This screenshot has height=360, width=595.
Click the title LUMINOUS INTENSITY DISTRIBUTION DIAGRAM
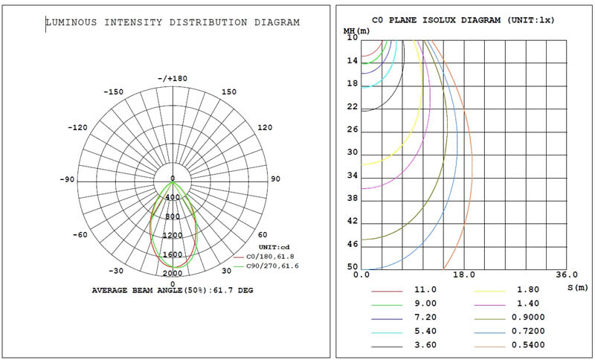173,22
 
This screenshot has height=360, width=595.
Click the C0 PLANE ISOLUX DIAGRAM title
463,20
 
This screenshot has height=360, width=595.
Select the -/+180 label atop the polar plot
173,79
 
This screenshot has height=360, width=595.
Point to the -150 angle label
114,91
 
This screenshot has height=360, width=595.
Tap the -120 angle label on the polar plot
77,127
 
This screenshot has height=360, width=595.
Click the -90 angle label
67,179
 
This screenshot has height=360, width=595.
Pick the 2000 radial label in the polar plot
173,274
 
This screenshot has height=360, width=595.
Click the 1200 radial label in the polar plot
173,236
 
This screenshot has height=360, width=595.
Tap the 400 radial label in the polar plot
173,198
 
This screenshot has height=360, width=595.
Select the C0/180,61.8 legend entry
264,257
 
